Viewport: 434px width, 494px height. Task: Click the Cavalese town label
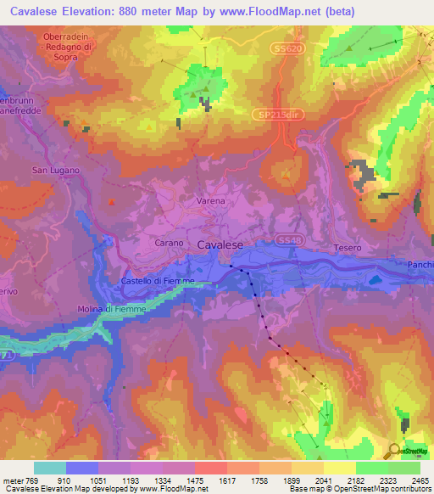coord(220,244)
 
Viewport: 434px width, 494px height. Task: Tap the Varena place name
coord(211,201)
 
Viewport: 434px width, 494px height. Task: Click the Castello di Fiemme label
coord(159,280)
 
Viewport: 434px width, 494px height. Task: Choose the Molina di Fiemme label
coord(112,309)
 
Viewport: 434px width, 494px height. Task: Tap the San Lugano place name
coord(56,170)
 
